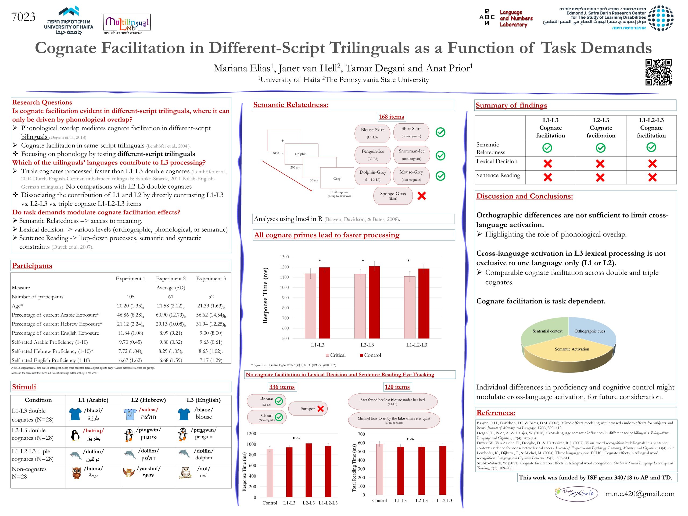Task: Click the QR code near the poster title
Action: tap(658, 72)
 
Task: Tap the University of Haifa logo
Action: tap(69, 20)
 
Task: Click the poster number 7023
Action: tap(23, 17)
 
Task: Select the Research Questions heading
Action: tap(42, 102)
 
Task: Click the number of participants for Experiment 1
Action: tap(130, 297)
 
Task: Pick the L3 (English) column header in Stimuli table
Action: tap(203, 400)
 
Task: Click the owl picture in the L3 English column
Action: tap(185, 473)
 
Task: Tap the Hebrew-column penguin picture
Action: tap(129, 435)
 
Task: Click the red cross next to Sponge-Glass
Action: tap(421, 196)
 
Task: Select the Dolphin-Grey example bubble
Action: tap(372, 176)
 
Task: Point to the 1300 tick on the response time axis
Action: tap(284, 257)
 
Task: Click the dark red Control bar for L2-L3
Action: tap(374, 302)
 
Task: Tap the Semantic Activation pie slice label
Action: tap(572, 349)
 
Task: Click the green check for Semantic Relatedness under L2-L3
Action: tap(600, 148)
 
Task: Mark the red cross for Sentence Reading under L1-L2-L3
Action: tap(652, 177)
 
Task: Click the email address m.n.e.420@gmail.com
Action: tap(640, 494)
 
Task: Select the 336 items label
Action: tap(282, 387)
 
